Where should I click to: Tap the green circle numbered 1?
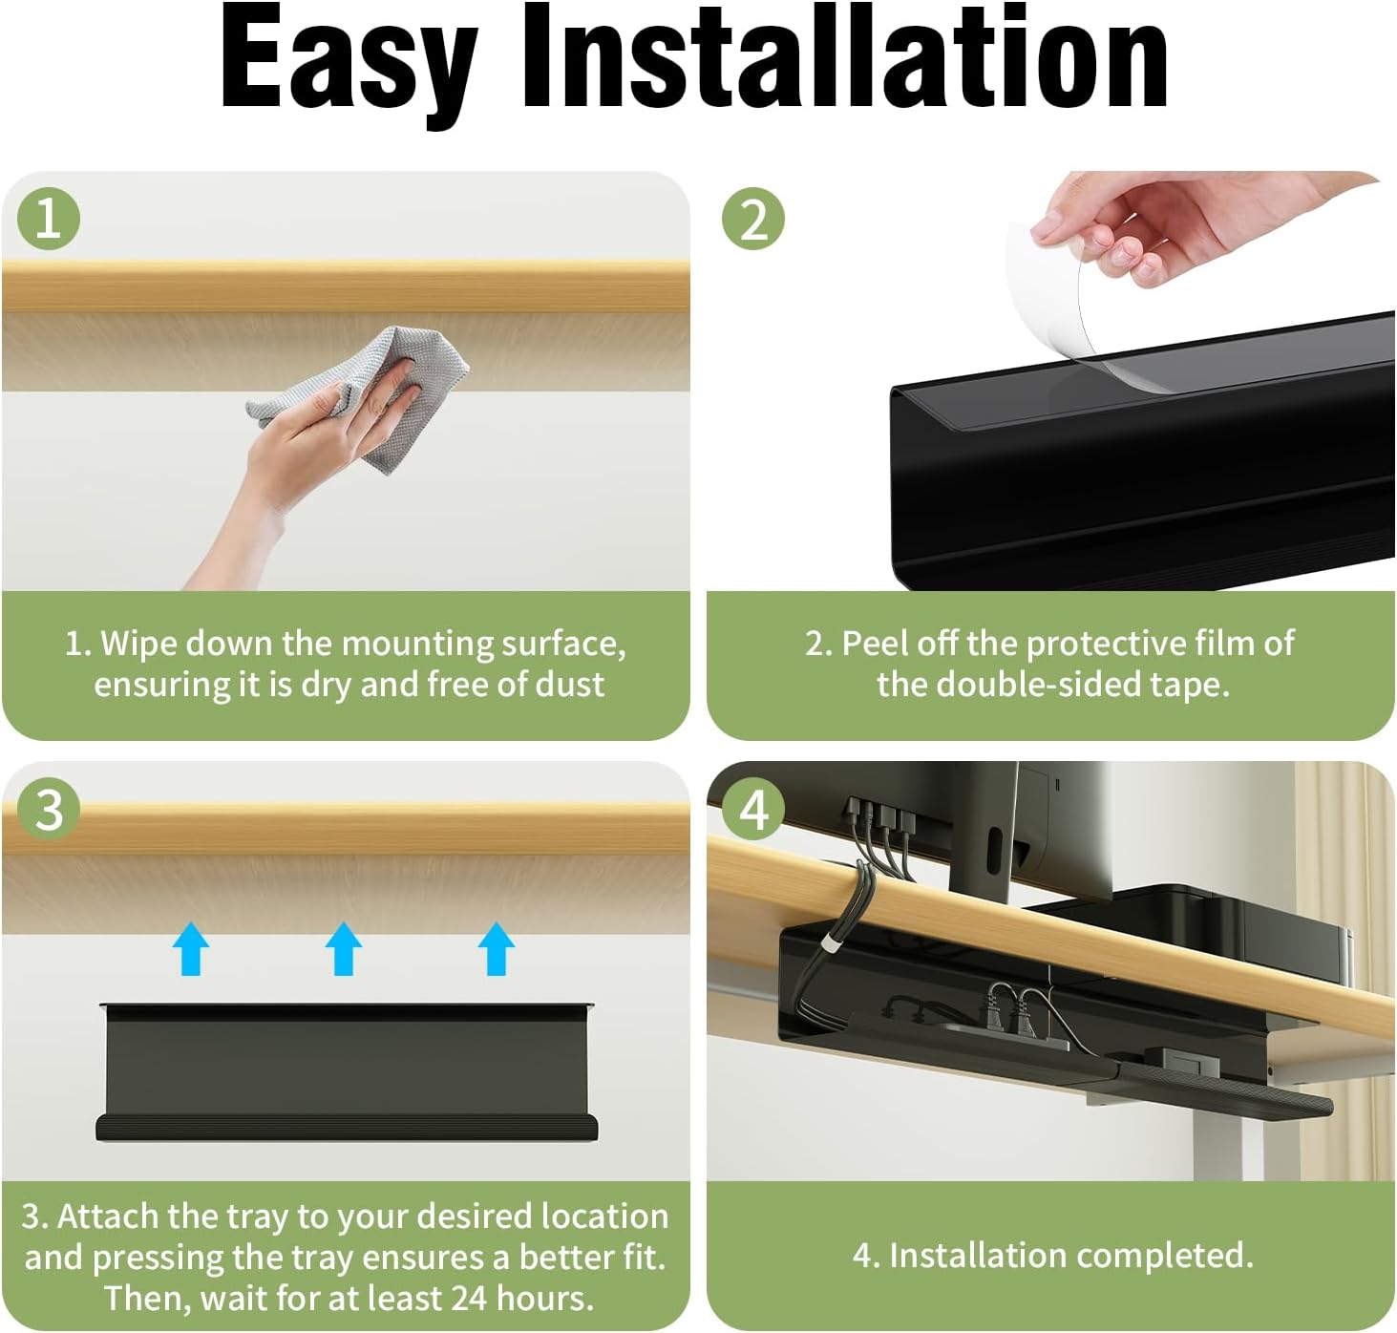[x=49, y=218]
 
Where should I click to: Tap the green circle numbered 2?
[x=753, y=218]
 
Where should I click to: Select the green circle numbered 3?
[x=49, y=810]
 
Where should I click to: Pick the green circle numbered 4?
[x=753, y=810]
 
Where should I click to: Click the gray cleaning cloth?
[x=363, y=398]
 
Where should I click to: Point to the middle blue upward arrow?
[x=344, y=948]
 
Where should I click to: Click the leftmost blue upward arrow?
[x=191, y=948]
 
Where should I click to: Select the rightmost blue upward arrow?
[x=496, y=948]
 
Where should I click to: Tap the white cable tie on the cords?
[x=828, y=948]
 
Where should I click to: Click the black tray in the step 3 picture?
[x=347, y=1070]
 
